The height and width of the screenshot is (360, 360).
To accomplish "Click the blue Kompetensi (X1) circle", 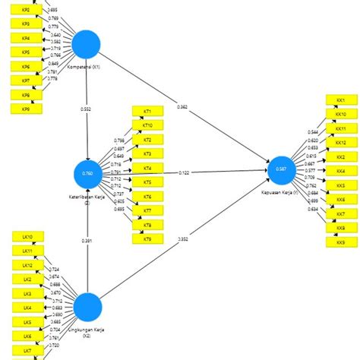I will pos(87,45).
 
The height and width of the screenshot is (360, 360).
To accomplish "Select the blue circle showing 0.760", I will pos(87,174).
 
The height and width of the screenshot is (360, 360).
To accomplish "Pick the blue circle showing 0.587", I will pos(282,169).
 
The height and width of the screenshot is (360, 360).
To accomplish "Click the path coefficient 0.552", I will pos(87,110).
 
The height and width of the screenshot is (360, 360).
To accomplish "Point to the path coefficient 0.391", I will pos(87,241).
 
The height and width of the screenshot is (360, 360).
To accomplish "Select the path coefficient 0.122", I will pos(184,173).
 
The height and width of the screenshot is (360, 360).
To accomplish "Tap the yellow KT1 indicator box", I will pos(147,112).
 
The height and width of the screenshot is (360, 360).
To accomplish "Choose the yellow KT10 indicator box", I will pos(147,125).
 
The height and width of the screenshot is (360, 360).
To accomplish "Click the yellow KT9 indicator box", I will pos(147,239).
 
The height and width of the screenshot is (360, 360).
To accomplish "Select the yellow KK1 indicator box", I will pos(341,100).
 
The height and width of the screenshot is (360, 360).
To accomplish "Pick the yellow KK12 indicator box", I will pos(341,143).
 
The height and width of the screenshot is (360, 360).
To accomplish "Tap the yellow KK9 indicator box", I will pos(341,242).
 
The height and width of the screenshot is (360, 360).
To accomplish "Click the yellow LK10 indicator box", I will pos(27,236).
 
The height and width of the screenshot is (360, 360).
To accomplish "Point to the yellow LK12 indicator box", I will pos(27,265).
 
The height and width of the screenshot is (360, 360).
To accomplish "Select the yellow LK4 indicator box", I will pos(27,308).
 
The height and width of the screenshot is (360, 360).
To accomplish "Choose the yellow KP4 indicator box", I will pos(26,38).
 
